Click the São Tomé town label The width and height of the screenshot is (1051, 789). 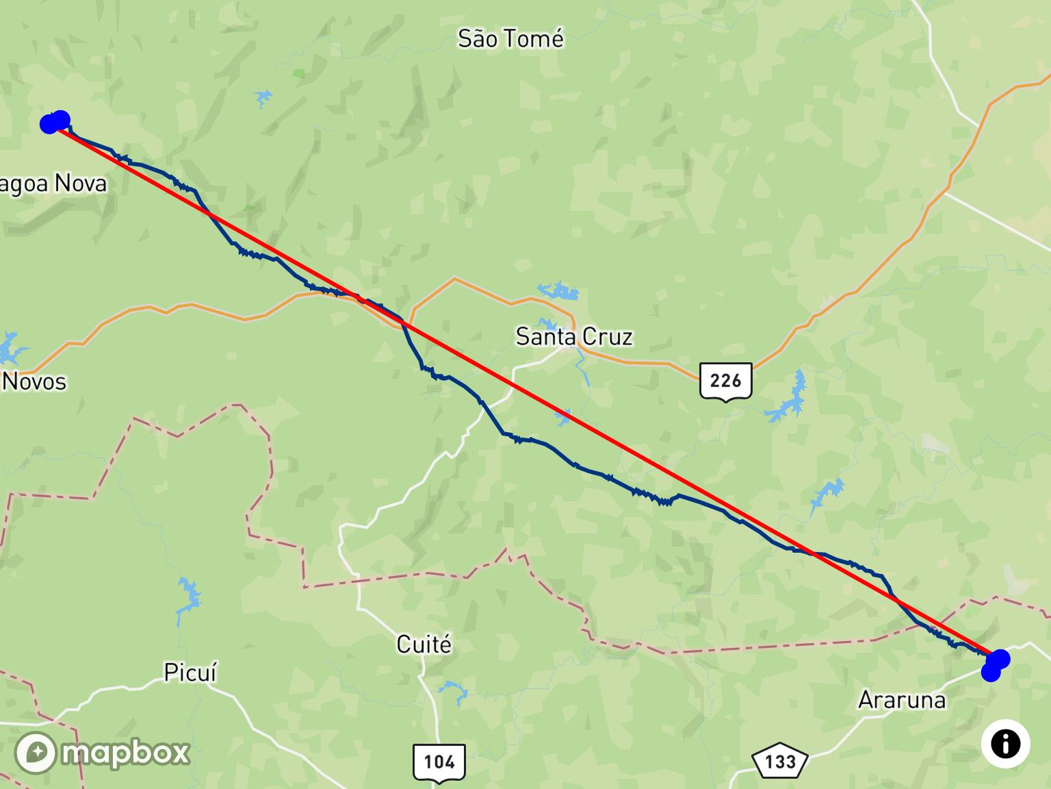pyautogui.click(x=510, y=38)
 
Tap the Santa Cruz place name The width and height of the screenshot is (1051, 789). pyautogui.click(x=573, y=336)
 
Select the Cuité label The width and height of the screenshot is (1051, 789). pyautogui.click(x=424, y=644)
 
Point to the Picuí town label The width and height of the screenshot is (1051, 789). pyautogui.click(x=190, y=673)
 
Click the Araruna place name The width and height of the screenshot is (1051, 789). pyautogui.click(x=901, y=700)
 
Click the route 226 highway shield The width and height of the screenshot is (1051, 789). pyautogui.click(x=725, y=380)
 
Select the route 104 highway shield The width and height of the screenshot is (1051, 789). pyautogui.click(x=439, y=762)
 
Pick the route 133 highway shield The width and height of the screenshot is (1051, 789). pyautogui.click(x=780, y=762)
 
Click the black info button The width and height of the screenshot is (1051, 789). pyautogui.click(x=1005, y=744)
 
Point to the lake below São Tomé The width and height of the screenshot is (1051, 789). pyautogui.click(x=263, y=98)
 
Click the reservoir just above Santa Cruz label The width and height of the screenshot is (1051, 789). pyautogui.click(x=560, y=291)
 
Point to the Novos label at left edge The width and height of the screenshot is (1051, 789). pyautogui.click(x=34, y=381)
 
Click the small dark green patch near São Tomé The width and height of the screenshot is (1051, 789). pyautogui.click(x=298, y=72)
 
